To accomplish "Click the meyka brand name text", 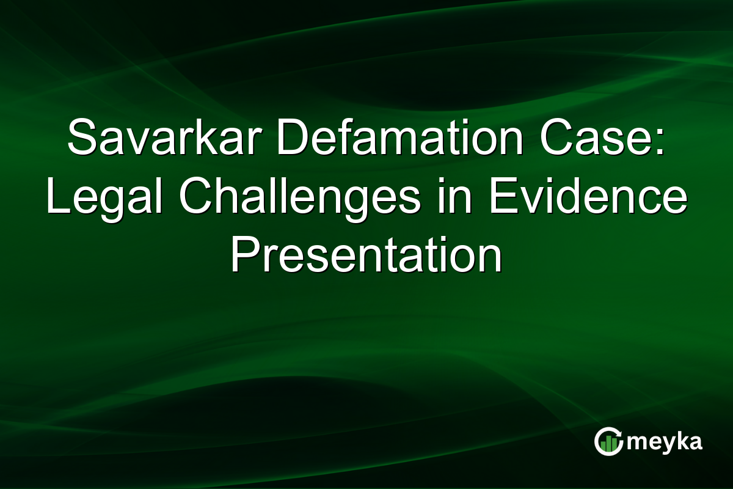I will (x=664, y=442).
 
